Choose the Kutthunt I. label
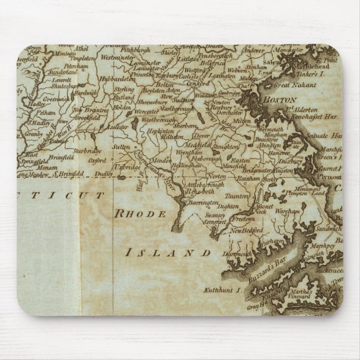point(220,291)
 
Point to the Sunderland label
point(62,73)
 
